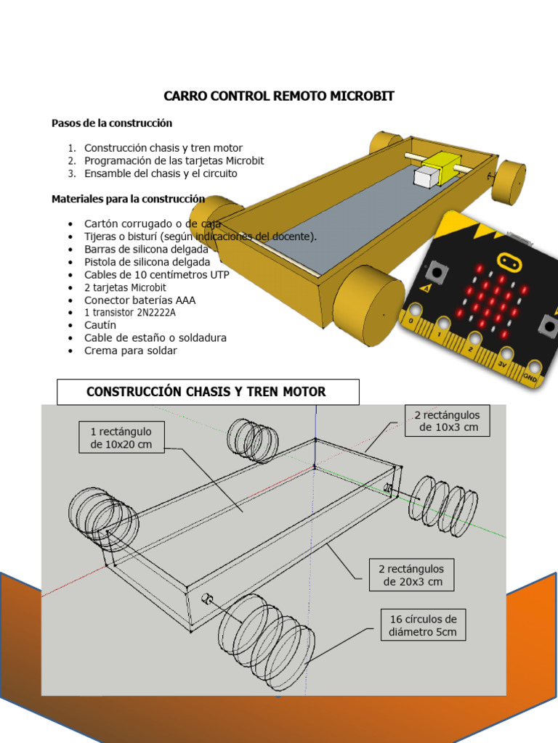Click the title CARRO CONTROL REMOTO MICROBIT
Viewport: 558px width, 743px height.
click(x=278, y=97)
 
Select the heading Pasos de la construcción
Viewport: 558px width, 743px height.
click(x=111, y=123)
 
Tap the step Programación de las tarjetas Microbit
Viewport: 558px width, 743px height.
click(x=174, y=160)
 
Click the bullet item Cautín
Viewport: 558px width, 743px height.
click(x=100, y=325)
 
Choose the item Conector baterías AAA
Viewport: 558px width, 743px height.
click(x=139, y=300)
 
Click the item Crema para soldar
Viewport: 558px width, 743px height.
click(x=130, y=350)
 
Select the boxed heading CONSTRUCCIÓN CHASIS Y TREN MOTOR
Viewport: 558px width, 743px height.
click(x=207, y=392)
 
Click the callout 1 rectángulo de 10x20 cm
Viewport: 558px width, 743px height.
click(x=121, y=438)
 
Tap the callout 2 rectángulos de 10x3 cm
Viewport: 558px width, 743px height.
click(x=447, y=421)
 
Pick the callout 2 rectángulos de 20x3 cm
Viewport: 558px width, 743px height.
click(x=411, y=575)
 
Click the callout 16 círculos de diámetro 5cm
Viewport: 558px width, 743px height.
click(x=423, y=625)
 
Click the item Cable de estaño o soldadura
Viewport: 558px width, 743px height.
click(x=155, y=337)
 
